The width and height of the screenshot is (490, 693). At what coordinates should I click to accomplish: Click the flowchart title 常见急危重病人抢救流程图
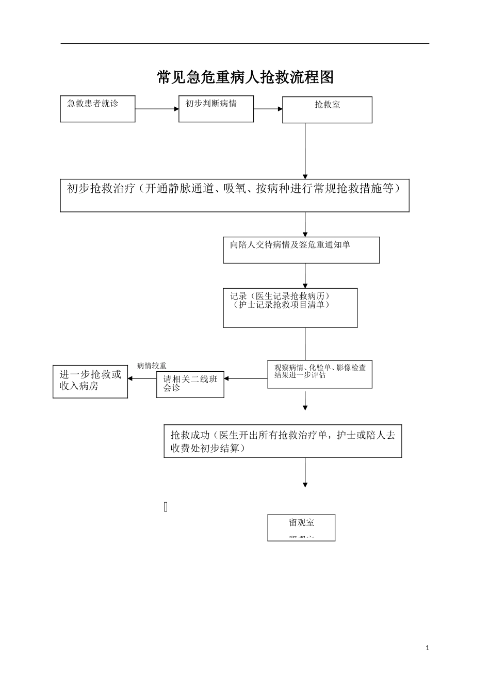coord(245,77)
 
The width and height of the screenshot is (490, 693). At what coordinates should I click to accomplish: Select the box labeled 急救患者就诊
coord(97,109)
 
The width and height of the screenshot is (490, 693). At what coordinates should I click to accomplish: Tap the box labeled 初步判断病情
coord(216,109)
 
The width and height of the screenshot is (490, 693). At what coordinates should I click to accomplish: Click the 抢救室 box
coord(327,110)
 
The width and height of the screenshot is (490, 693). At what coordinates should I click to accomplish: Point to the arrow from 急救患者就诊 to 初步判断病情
coord(157,109)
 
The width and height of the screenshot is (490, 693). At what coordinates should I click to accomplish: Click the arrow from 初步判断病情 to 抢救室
coord(268,109)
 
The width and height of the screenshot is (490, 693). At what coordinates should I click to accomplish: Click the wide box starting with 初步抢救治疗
coord(235,195)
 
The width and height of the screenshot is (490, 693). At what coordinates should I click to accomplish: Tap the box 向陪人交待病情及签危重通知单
coord(301,250)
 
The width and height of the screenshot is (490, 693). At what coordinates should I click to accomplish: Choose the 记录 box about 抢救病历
coord(290,308)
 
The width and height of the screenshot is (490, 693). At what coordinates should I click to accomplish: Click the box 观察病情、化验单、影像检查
coord(320,374)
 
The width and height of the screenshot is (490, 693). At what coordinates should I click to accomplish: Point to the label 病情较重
coord(152,366)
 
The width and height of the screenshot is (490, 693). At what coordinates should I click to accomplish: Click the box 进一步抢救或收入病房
coord(90,382)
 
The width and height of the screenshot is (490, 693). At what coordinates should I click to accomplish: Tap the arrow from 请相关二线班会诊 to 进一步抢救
coord(142,378)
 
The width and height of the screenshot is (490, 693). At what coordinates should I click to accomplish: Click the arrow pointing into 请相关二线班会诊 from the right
coord(246,378)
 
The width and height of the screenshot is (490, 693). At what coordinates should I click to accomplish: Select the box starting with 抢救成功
coord(283,441)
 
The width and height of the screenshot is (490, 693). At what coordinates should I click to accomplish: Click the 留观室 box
coord(301,527)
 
